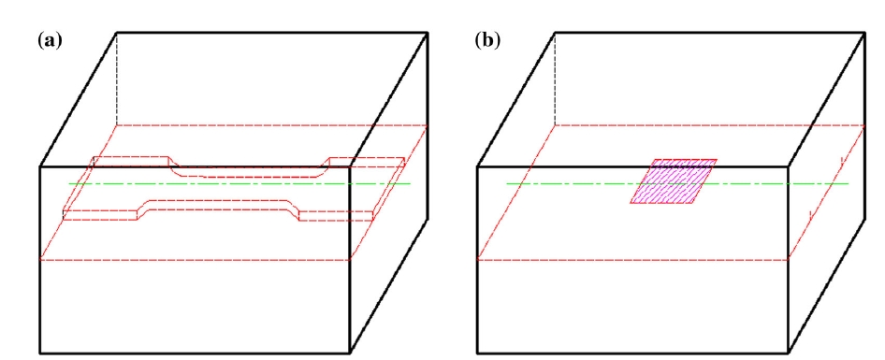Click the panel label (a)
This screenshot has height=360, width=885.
click(49, 40)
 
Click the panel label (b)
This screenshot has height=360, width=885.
click(487, 40)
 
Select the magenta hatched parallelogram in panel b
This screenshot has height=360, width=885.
click(674, 181)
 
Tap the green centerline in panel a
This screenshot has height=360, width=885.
click(239, 183)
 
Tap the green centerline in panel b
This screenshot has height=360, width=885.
click(677, 183)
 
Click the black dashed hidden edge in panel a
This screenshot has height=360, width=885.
click(117, 79)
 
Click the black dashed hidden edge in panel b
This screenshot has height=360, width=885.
click(555, 79)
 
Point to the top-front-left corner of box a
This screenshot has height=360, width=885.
click(39, 166)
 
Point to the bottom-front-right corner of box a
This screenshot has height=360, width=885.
click(350, 353)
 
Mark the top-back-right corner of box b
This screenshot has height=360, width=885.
click(864, 32)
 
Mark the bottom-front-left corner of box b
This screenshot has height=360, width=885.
click(478, 353)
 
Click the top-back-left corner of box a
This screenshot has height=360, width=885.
click(117, 32)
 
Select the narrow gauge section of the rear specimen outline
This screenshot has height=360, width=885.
click(248, 171)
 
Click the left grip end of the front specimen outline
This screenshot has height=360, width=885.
click(100, 215)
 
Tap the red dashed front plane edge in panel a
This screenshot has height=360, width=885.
click(196, 260)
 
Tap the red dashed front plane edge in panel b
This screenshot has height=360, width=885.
click(632, 260)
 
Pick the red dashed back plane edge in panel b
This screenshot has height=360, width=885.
click(710, 125)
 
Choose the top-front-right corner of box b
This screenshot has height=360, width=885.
click(788, 166)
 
